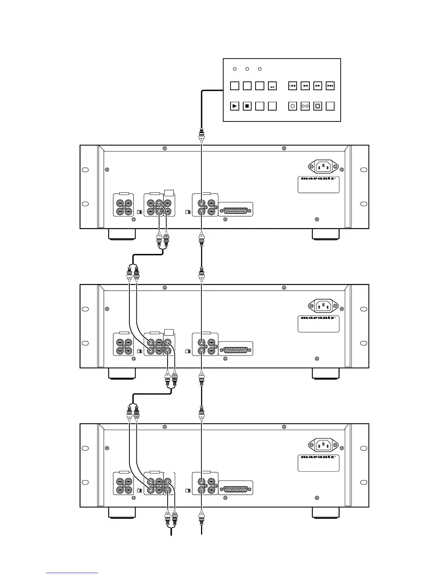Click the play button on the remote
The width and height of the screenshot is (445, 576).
235,106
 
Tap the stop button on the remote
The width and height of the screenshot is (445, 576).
247,106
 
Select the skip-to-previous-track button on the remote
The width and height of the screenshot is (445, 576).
293,86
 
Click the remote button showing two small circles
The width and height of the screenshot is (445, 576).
305,106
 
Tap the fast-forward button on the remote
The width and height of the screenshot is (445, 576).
317,86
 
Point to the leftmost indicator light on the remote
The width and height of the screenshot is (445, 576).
234,69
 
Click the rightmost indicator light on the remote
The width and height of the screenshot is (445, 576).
260,69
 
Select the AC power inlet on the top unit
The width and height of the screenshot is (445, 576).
323,167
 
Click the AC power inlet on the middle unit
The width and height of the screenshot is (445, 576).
323,306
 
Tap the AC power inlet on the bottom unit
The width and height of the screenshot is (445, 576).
323,445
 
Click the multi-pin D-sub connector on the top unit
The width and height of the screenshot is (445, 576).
236,211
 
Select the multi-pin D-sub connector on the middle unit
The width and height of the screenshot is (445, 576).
236,350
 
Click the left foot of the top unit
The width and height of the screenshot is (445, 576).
122,234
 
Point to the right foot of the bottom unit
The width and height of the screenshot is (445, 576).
326,513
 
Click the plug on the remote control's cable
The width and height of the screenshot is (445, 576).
201,136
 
